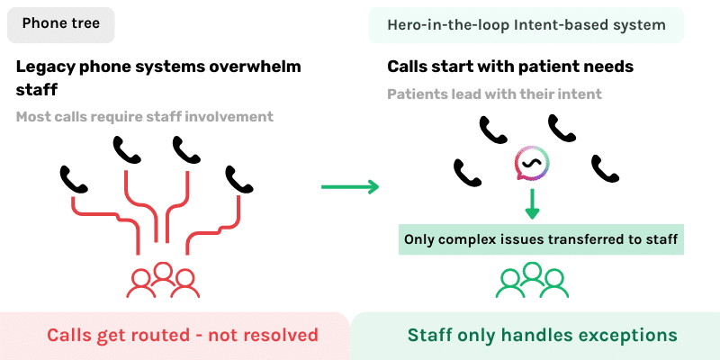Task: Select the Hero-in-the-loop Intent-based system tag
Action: [x=526, y=24]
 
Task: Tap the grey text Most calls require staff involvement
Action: [x=145, y=116]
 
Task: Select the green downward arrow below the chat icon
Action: [x=532, y=203]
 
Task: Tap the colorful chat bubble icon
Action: [x=531, y=163]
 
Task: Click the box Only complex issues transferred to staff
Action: [x=540, y=238]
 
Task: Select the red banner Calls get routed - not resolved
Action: [x=182, y=335]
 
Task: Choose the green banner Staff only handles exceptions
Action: [x=542, y=335]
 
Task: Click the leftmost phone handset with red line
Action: [x=75, y=179]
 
